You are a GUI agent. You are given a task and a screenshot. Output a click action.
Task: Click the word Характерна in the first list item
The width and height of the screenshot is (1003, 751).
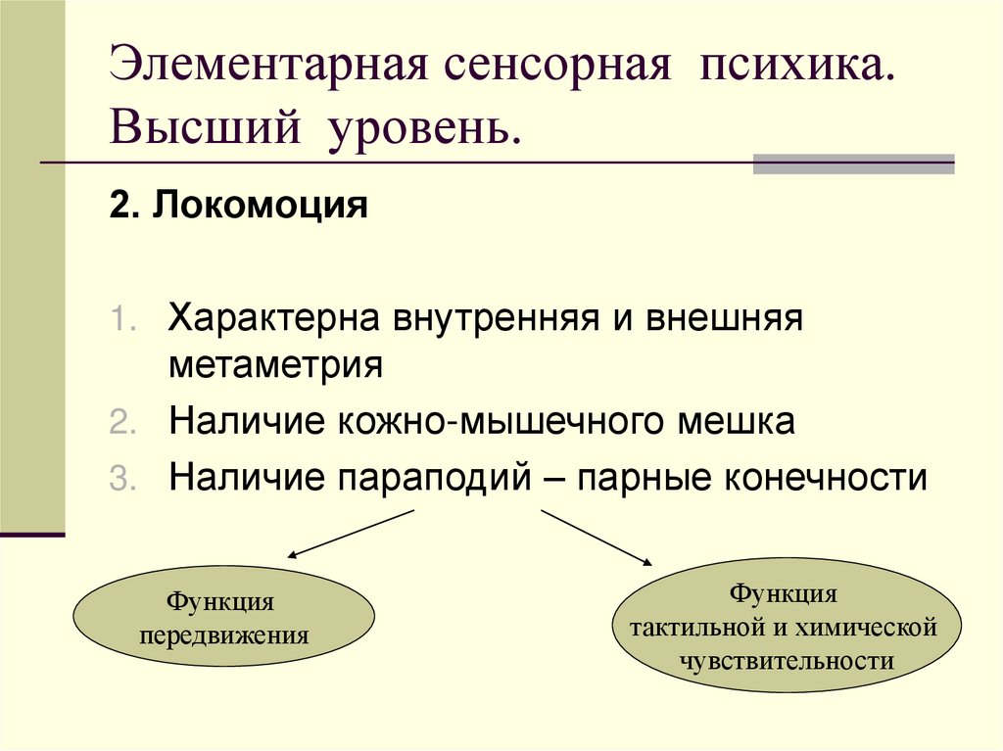click(x=277, y=319)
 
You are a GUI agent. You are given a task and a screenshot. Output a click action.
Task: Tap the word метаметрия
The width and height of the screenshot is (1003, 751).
click(x=275, y=366)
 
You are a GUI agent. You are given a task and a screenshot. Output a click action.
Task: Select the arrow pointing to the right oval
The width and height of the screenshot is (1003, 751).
click(x=597, y=536)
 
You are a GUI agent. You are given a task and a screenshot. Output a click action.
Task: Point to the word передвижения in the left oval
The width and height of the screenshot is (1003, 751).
click(x=223, y=634)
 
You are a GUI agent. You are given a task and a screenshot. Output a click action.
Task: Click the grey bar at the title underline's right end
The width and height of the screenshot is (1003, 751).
click(x=853, y=164)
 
